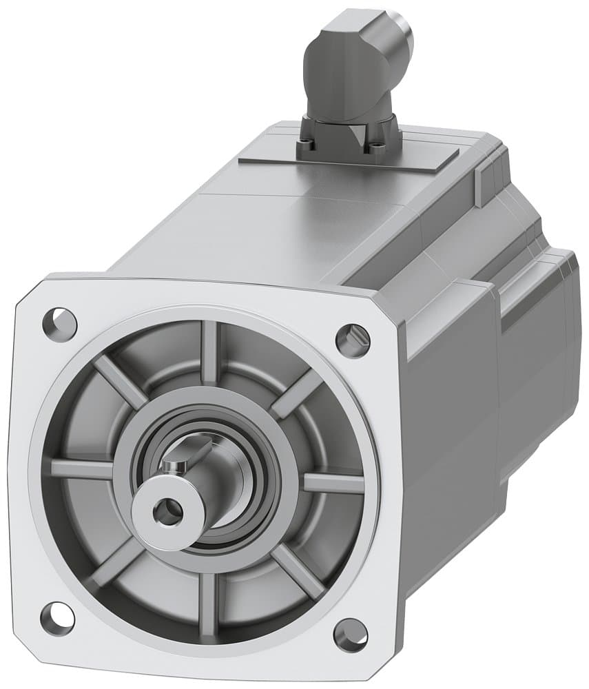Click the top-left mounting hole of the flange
tap(60, 321)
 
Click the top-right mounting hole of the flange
tap(353, 339)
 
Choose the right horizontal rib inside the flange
tap(333, 482)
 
